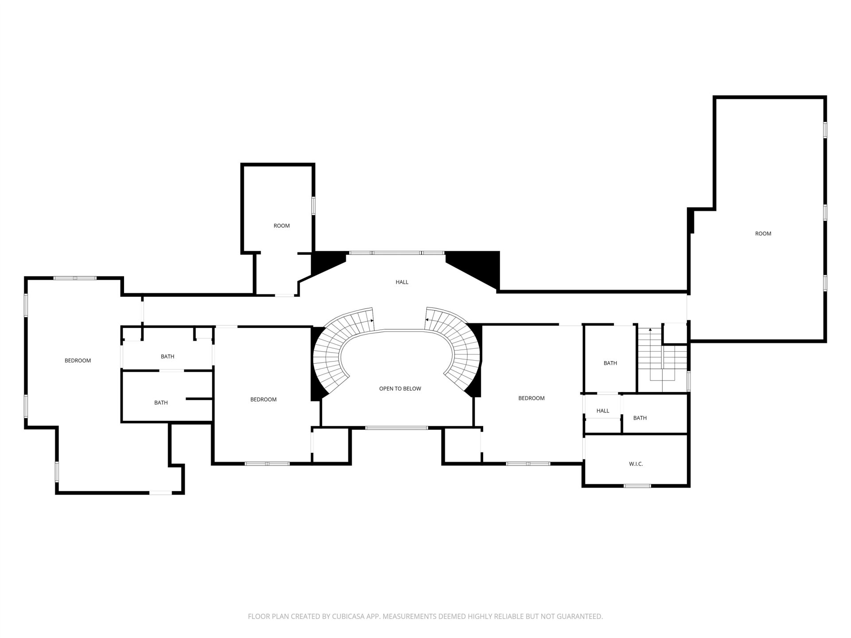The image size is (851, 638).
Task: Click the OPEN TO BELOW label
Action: [x=400, y=389]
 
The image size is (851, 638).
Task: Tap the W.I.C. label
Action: [x=636, y=464]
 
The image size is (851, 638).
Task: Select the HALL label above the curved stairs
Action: [x=402, y=282]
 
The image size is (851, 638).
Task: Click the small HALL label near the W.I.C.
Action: [x=603, y=411]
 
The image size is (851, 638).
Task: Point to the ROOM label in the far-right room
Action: [x=763, y=233]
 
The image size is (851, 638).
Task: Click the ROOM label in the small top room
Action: [x=281, y=226]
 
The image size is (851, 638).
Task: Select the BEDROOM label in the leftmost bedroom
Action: [x=78, y=360]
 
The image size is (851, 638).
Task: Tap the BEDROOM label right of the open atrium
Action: [x=531, y=398]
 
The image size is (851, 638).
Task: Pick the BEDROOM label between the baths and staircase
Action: [x=263, y=399]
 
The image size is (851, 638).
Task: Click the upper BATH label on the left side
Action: [x=168, y=356]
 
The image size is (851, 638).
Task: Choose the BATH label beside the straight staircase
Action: [x=610, y=363]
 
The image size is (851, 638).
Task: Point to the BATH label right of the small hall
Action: [x=640, y=418]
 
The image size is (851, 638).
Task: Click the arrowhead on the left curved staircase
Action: [x=372, y=320]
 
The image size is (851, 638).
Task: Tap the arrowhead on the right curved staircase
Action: [x=427, y=319]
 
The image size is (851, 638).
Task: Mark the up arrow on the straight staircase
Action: [x=650, y=330]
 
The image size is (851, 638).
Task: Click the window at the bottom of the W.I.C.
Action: [x=637, y=486]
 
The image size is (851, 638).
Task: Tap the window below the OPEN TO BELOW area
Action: [x=397, y=428]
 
